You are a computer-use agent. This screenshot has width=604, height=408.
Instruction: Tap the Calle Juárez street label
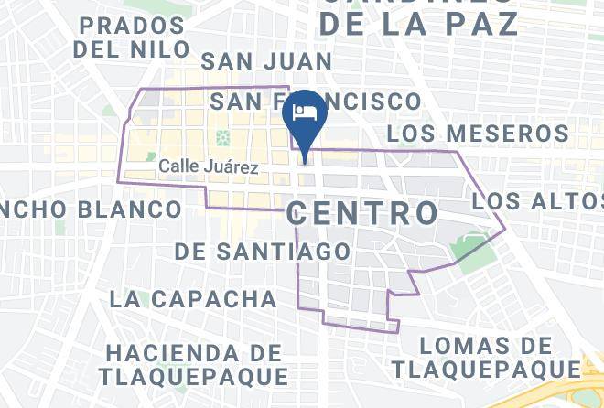(x=209, y=167)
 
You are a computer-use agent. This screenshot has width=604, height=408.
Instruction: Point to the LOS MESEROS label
(x=477, y=134)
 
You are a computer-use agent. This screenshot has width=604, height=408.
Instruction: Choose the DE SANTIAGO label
(x=262, y=251)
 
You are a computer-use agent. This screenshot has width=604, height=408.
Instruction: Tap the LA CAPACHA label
(x=192, y=298)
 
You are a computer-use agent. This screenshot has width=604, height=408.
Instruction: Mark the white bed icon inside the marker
(x=304, y=112)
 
